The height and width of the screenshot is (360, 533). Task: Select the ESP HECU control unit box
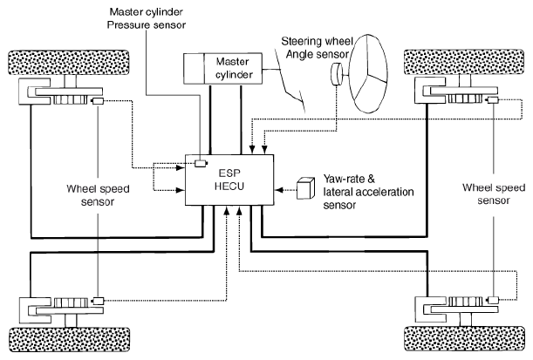point(231,179)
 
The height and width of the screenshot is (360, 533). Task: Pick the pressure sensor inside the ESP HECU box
point(201,163)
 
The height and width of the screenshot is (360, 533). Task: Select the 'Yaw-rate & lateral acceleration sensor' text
point(366,187)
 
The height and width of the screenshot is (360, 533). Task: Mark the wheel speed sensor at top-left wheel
point(98,103)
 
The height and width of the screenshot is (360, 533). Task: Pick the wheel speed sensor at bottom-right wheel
point(493,299)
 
